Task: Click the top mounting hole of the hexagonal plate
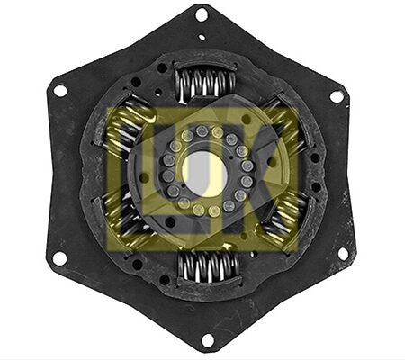[x=202, y=14]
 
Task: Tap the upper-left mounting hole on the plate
[x=60, y=90]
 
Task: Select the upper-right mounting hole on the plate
[x=337, y=96]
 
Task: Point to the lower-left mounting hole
[x=59, y=258]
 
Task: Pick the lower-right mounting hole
[x=343, y=254]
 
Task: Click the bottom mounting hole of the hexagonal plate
[x=208, y=340]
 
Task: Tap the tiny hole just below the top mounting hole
[x=202, y=37]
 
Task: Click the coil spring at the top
[x=205, y=84]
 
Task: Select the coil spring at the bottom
[x=209, y=267]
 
